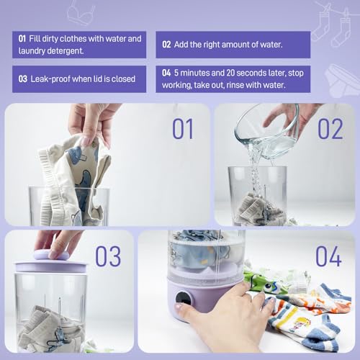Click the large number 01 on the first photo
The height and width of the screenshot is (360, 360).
pos(183,129)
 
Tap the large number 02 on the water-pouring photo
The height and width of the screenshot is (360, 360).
pos(330,129)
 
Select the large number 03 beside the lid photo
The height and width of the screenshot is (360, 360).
pos(108,256)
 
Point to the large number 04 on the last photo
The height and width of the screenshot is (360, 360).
pos(328,256)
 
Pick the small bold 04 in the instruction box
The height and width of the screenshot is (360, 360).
pos(166,73)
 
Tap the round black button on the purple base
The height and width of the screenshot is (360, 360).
pos(184,298)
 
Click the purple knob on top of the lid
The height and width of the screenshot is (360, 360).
pos(51,255)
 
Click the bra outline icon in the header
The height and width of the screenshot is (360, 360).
pos(81,13)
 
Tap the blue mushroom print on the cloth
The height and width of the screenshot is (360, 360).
pos(76,156)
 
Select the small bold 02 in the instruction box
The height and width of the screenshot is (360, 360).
pos(166,45)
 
